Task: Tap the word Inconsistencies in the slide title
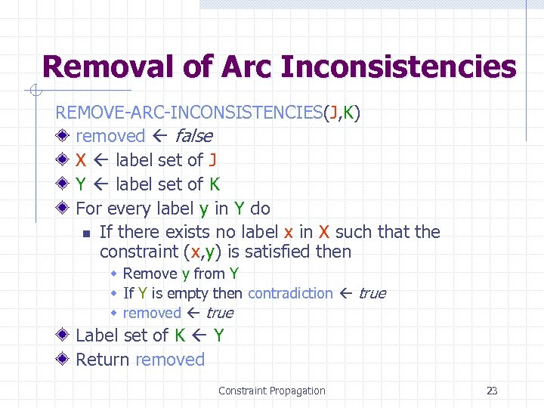(x=398, y=67)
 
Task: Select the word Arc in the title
(x=248, y=67)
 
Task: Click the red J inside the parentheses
(x=332, y=113)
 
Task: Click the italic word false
(x=193, y=136)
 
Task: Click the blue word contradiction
(x=290, y=293)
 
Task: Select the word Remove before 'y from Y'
(x=150, y=274)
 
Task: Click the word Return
(x=103, y=360)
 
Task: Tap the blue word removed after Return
(x=170, y=360)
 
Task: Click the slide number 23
(x=492, y=391)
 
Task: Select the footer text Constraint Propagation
(x=271, y=391)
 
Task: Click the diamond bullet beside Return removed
(x=65, y=360)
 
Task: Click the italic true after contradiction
(x=372, y=293)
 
